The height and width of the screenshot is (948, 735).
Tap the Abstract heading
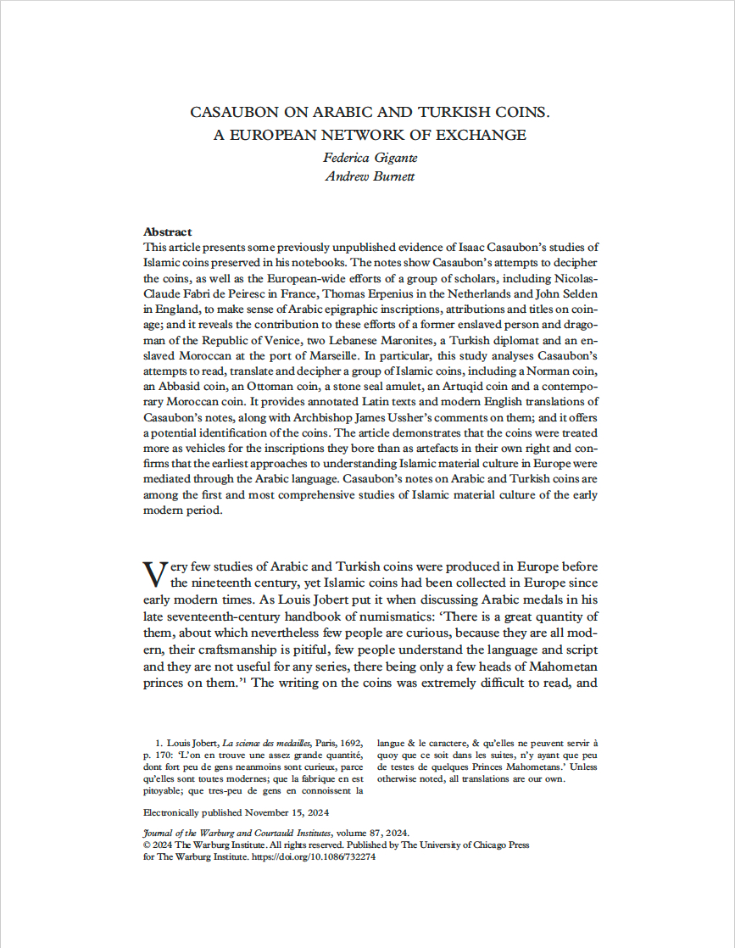tap(168, 231)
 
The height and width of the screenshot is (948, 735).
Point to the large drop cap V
tap(154, 573)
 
